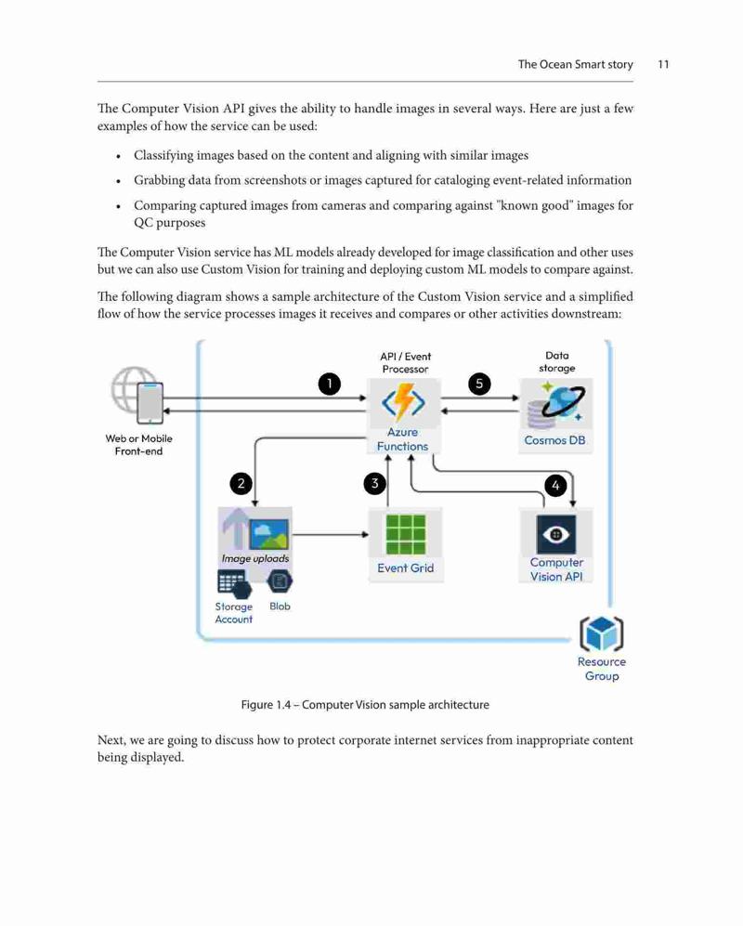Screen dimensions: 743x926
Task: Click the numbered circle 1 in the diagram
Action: (330, 384)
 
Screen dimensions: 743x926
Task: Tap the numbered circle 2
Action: (241, 484)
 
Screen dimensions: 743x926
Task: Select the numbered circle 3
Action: (374, 484)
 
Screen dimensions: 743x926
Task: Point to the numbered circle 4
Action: (555, 486)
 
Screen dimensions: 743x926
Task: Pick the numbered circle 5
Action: (479, 384)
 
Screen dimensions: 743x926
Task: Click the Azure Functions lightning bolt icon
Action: (403, 402)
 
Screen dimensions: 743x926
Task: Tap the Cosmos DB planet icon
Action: (555, 406)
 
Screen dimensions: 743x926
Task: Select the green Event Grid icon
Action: (406, 535)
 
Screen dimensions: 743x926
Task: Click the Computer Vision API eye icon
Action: (555, 534)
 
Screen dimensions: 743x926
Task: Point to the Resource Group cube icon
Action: (602, 633)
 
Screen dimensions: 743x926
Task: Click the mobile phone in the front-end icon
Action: (150, 403)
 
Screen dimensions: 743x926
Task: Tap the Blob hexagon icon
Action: (280, 581)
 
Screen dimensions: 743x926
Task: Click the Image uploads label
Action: (255, 559)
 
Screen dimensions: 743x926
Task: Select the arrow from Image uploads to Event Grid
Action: (330, 534)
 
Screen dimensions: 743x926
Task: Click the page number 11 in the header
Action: (663, 64)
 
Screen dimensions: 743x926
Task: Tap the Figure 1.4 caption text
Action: (365, 705)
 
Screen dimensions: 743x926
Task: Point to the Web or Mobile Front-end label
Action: (138, 445)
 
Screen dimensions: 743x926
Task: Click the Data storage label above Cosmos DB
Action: (557, 362)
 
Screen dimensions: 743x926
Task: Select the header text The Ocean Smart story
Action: (575, 64)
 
